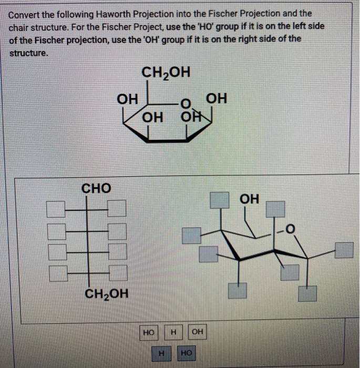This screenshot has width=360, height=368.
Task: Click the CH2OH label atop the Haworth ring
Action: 166,73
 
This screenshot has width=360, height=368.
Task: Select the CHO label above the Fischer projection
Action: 96,188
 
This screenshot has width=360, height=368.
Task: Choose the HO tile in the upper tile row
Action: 149,332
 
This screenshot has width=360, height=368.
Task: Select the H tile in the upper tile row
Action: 173,332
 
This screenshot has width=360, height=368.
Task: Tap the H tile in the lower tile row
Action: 162,354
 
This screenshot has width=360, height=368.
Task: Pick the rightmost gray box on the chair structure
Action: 344,250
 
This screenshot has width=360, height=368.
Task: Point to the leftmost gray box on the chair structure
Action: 191,234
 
